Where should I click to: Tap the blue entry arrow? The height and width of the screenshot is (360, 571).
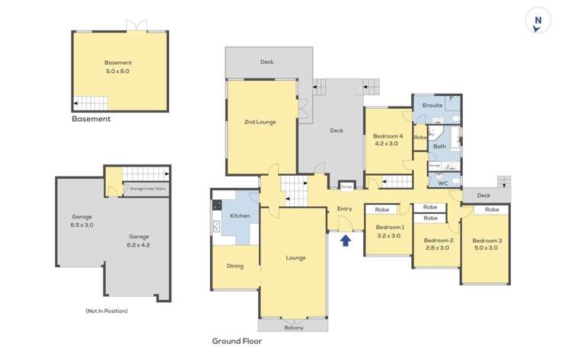[x=346, y=241]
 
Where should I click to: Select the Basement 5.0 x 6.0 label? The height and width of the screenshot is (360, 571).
[x=118, y=67]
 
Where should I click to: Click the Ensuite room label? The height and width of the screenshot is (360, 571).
[x=432, y=105]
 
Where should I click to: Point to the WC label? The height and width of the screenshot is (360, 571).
[x=443, y=181]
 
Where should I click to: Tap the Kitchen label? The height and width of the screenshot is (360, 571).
[x=241, y=216]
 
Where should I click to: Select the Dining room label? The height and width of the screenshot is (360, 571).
[x=234, y=266]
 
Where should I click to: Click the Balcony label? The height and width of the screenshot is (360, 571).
[x=294, y=327]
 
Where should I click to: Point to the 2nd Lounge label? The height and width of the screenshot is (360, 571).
[x=260, y=122]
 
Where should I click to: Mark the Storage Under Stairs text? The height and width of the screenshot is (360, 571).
[x=148, y=188]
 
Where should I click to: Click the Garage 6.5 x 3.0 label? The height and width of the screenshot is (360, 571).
[x=81, y=221]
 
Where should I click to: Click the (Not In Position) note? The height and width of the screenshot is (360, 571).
[x=107, y=311]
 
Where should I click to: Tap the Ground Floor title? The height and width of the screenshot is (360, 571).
[x=237, y=342]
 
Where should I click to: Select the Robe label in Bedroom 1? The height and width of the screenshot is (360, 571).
[x=382, y=209]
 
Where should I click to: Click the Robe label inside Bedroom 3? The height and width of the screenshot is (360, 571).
[x=492, y=209]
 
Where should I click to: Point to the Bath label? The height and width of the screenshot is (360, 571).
[x=439, y=146]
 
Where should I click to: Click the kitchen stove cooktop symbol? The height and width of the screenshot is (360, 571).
[x=217, y=205]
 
